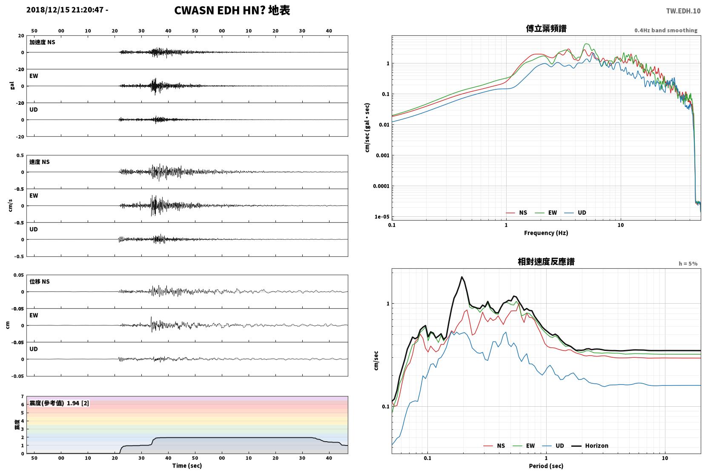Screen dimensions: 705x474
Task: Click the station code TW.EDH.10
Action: (x=683, y=11)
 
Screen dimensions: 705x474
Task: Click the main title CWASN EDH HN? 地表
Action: (x=232, y=10)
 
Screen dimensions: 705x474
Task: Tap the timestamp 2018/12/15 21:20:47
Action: (x=65, y=10)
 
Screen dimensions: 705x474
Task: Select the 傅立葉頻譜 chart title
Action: (x=546, y=29)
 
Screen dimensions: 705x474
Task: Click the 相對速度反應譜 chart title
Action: (x=546, y=261)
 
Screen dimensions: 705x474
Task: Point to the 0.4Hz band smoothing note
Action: (x=666, y=31)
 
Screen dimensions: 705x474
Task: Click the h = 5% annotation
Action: (x=688, y=264)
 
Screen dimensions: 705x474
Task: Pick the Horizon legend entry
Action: (x=590, y=445)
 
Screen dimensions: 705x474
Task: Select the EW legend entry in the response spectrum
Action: (x=524, y=445)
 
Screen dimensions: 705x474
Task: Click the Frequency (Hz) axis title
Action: (x=546, y=233)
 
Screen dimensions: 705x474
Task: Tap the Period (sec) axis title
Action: (x=546, y=466)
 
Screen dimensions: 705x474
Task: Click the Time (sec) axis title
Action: (x=187, y=465)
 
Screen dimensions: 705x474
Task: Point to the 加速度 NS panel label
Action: (x=42, y=42)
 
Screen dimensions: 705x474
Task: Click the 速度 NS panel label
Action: (x=39, y=162)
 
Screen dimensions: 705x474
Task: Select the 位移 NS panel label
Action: (x=39, y=282)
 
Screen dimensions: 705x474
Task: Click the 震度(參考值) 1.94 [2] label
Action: (x=59, y=403)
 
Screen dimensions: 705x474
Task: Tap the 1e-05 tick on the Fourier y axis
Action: (x=381, y=217)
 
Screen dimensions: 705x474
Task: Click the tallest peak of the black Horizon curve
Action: (x=462, y=277)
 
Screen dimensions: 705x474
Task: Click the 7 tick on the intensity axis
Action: (x=22, y=396)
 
